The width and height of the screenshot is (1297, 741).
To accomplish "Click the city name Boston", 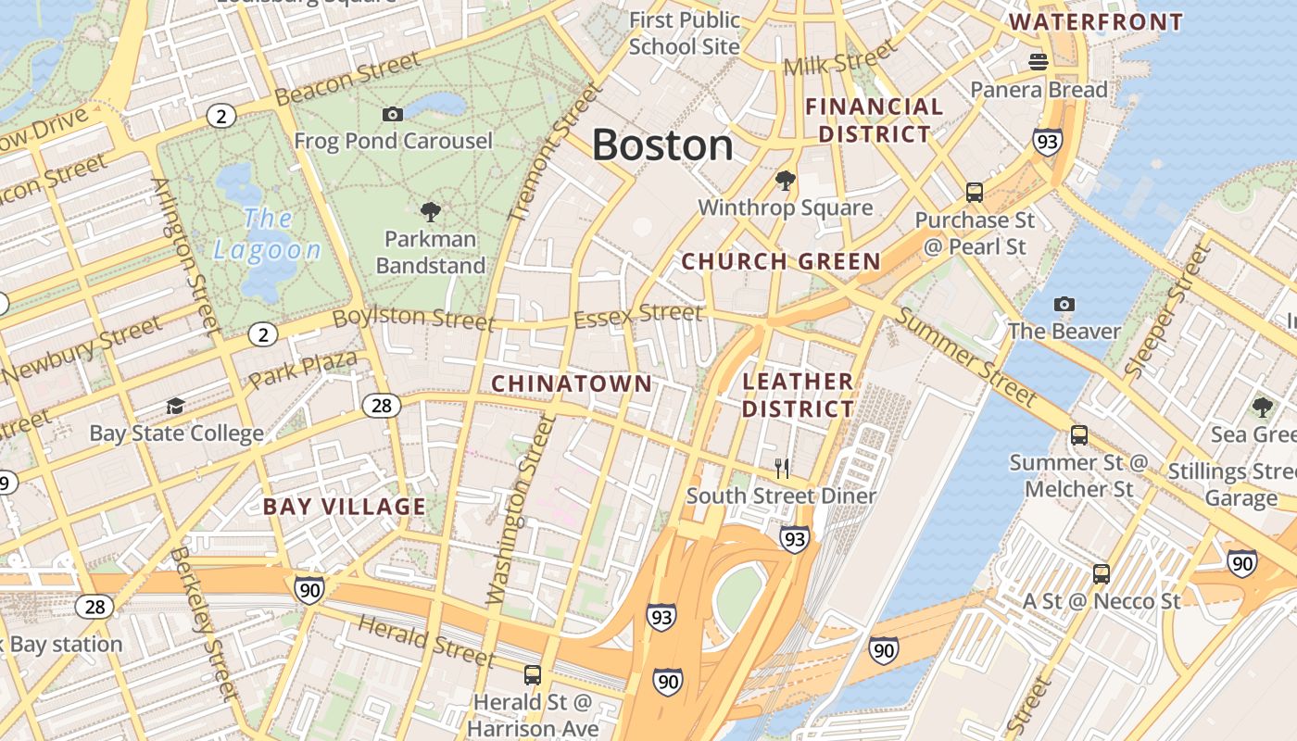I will tap(662, 145).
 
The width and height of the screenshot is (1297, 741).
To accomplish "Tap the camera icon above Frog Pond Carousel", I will tap(393, 114).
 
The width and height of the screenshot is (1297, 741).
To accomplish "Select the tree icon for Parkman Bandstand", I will tap(430, 211).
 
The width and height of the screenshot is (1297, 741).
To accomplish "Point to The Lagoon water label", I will tap(267, 234).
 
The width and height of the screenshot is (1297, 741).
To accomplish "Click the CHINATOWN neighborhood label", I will tap(572, 383).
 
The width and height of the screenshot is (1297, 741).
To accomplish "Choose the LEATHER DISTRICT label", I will tap(798, 395).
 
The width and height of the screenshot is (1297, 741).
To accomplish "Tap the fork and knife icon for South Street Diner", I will tap(783, 469).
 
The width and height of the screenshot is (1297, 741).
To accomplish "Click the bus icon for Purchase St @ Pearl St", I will tap(974, 193).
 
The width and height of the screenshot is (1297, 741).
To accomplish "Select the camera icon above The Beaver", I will tap(1064, 304).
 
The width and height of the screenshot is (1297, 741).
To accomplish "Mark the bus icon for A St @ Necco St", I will tap(1101, 573).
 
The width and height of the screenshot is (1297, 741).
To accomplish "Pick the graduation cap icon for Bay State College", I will tap(175, 406).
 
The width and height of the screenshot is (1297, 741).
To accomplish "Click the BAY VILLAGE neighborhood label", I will tap(344, 507).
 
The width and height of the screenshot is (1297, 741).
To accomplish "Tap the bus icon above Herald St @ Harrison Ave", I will tap(532, 675).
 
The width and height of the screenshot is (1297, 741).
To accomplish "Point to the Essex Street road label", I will tap(637, 316).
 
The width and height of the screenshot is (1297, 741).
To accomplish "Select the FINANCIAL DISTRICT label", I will tap(874, 120).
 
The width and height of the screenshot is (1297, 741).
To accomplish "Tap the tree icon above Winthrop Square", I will tap(785, 180).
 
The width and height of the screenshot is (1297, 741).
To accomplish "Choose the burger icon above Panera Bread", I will tap(1039, 62).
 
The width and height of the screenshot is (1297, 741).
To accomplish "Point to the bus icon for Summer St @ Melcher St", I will tap(1078, 435).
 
